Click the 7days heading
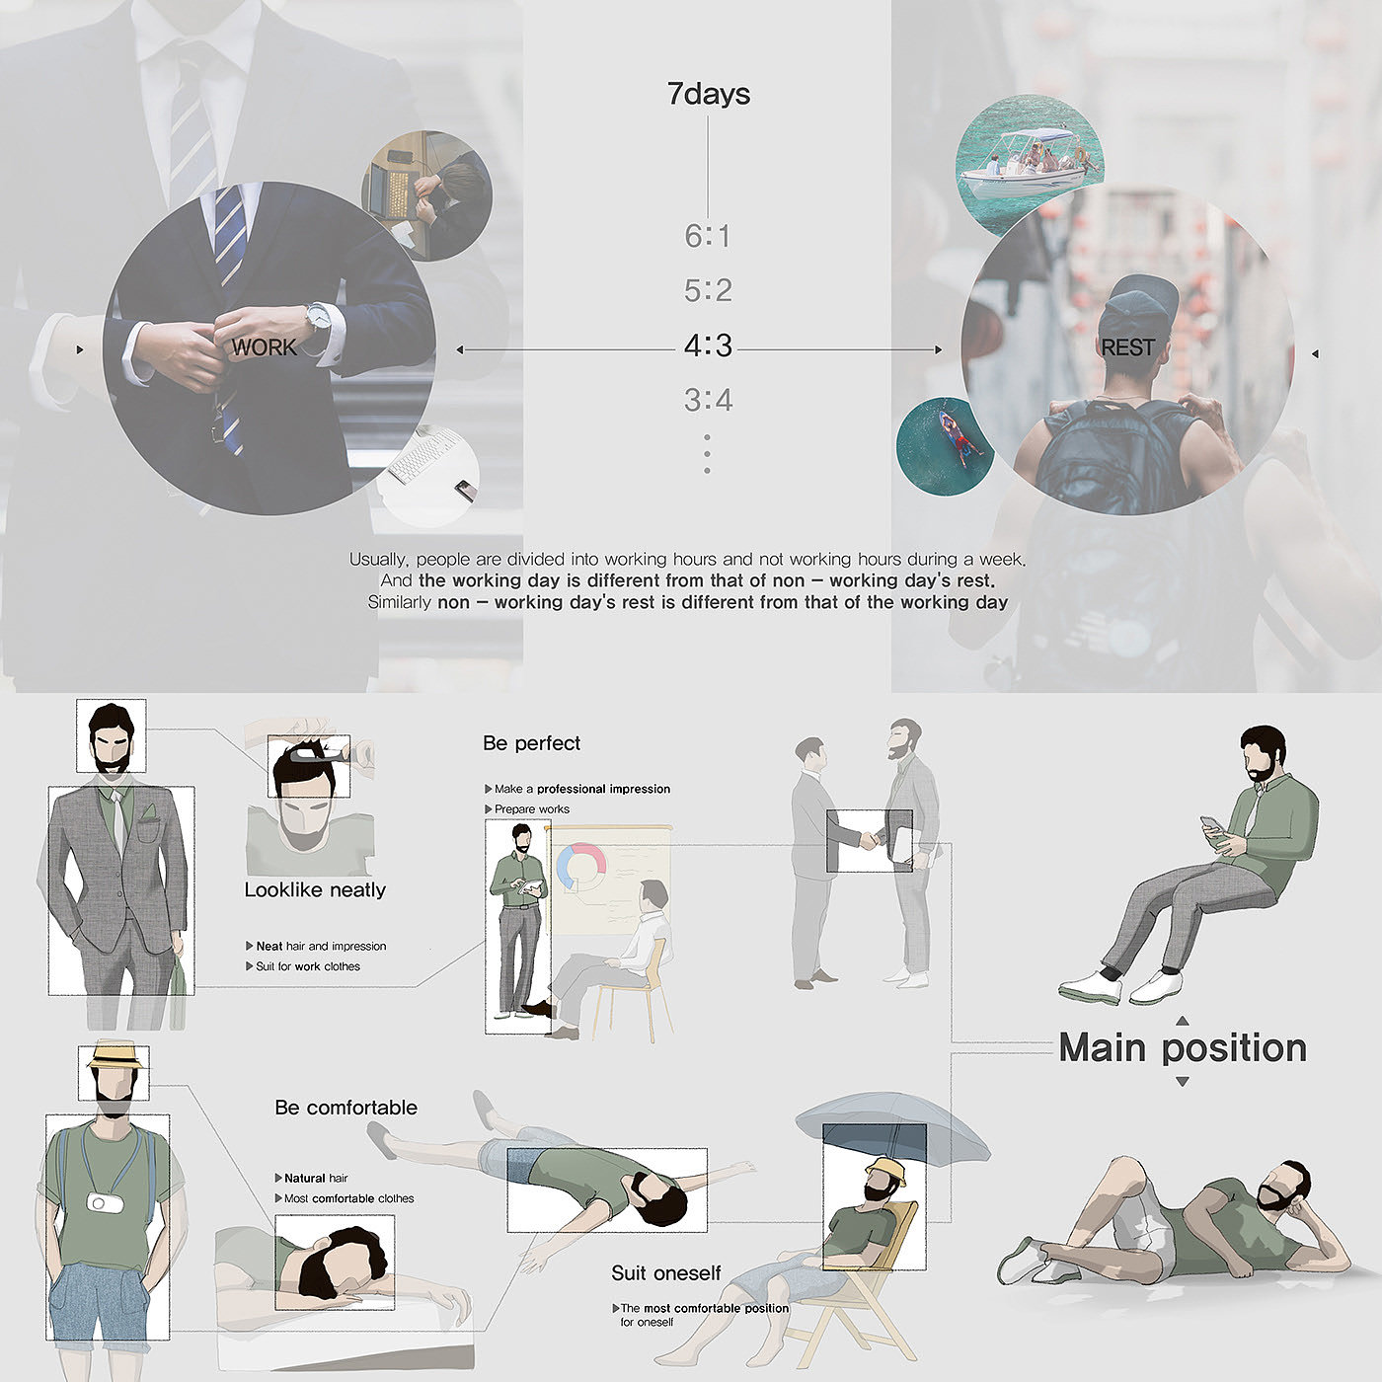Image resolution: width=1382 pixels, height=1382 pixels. [708, 94]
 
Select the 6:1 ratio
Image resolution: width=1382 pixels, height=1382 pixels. [707, 236]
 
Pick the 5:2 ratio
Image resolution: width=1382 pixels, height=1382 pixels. [708, 290]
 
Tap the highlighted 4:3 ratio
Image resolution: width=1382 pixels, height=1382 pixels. [708, 345]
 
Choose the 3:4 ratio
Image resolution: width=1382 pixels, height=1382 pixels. [708, 400]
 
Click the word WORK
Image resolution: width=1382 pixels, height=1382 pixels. [264, 347]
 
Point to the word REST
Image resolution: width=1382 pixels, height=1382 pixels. [1127, 347]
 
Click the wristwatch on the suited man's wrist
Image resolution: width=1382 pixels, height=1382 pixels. [316, 316]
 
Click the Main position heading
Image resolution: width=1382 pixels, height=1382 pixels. [1183, 1047]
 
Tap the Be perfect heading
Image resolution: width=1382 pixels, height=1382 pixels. [531, 743]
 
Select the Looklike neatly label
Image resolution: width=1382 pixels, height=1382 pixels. [315, 890]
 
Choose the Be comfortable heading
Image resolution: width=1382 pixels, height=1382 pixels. [345, 1108]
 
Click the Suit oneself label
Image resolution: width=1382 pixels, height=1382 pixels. [665, 1273]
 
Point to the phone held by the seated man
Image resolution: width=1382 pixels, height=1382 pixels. [1210, 825]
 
